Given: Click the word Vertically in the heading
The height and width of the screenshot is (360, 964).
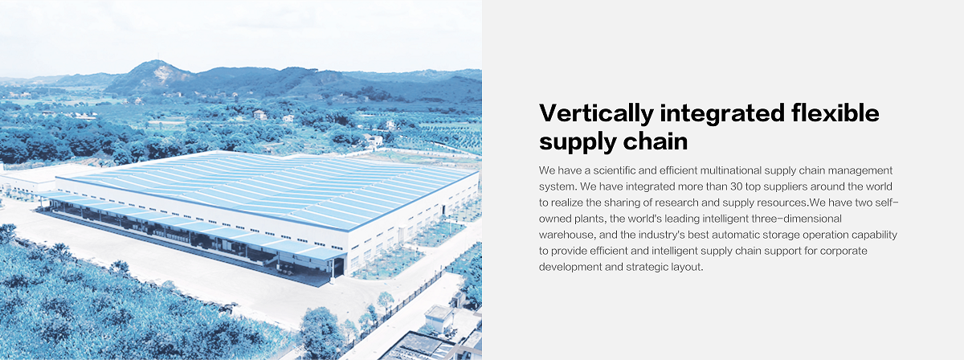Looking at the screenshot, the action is click(596, 114).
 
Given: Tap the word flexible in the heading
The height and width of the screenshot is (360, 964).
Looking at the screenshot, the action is click(835, 112).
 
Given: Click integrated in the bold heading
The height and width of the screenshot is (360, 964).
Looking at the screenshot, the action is click(722, 114).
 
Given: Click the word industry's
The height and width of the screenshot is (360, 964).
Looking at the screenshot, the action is click(661, 235).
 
